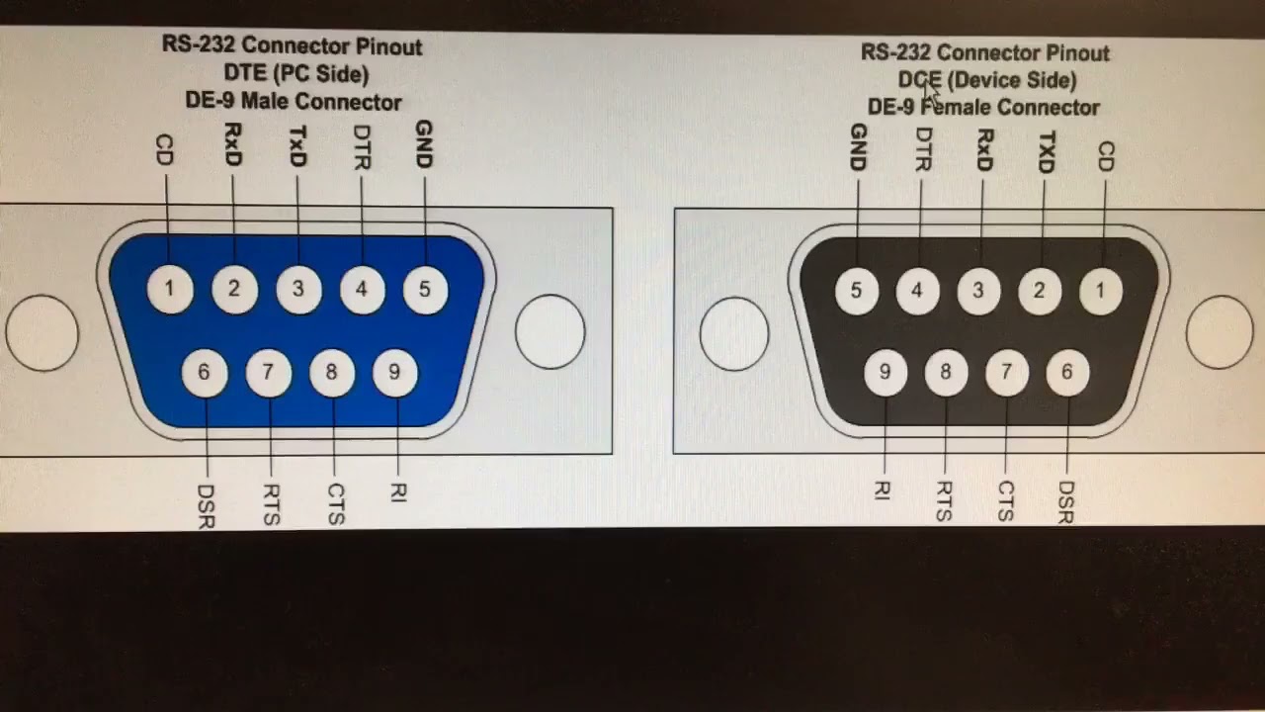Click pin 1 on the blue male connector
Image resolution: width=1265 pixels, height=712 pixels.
tap(170, 290)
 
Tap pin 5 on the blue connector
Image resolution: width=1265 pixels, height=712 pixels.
tap(425, 290)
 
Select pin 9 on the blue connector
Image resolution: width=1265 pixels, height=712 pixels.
tap(394, 373)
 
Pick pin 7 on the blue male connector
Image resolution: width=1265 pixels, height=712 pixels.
tap(268, 373)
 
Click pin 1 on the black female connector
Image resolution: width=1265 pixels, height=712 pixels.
tap(1099, 291)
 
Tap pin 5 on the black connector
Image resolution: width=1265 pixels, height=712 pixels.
tap(856, 291)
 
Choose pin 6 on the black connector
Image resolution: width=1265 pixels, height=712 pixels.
tap(1067, 373)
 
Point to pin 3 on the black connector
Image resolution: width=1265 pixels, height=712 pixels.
tap(978, 291)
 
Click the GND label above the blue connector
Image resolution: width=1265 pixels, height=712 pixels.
tap(424, 144)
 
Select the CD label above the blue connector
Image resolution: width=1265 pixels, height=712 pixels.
tap(164, 150)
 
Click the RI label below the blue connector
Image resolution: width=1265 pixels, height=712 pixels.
tap(397, 492)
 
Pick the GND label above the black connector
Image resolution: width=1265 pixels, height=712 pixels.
tap(857, 147)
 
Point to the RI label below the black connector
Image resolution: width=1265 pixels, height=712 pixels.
tap(882, 490)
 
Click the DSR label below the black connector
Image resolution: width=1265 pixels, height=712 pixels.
tap(1065, 502)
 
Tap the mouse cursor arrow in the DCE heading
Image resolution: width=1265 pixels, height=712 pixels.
tap(930, 93)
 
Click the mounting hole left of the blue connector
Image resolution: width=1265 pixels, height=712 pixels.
tap(42, 332)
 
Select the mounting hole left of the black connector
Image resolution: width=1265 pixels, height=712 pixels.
tap(734, 334)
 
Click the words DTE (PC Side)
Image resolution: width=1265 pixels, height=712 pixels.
tap(295, 74)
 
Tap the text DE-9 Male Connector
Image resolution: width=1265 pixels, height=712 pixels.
tap(294, 102)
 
